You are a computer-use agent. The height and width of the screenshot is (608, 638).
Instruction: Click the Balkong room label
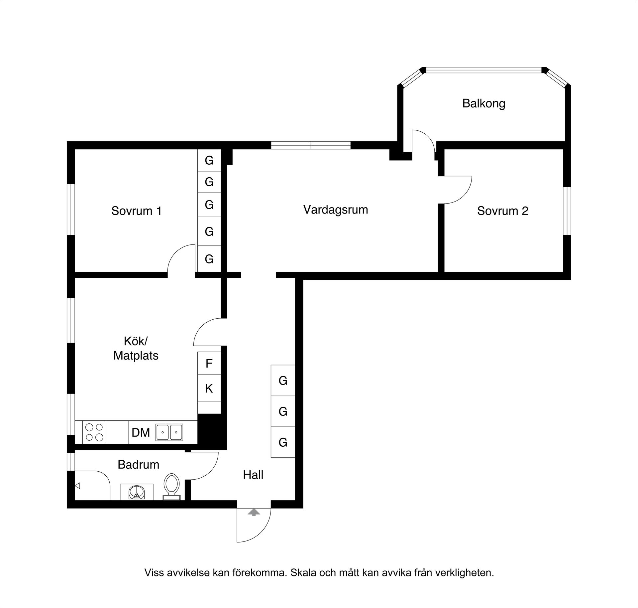483,103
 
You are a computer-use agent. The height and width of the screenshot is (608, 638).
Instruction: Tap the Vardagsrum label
336,210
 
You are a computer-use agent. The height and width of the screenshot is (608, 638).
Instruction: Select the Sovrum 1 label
136,211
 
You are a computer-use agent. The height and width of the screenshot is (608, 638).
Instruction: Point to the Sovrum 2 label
502,211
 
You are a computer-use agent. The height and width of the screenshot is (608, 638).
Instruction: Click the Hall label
253,475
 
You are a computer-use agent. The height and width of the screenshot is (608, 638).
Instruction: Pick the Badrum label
138,465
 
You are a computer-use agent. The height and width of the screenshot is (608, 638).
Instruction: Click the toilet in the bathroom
172,486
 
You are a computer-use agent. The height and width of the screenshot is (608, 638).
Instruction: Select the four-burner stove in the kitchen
94,432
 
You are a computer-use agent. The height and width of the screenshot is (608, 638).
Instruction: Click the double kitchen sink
169,432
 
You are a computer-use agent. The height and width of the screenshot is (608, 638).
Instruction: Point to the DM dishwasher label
141,433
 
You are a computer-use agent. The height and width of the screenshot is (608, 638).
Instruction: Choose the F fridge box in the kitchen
209,364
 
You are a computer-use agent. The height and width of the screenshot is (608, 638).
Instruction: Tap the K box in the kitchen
209,388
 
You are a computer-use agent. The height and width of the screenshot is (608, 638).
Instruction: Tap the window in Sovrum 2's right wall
567,211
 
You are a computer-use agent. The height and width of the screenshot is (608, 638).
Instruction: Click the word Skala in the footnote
304,573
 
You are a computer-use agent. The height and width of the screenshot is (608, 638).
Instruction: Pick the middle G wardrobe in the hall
283,411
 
